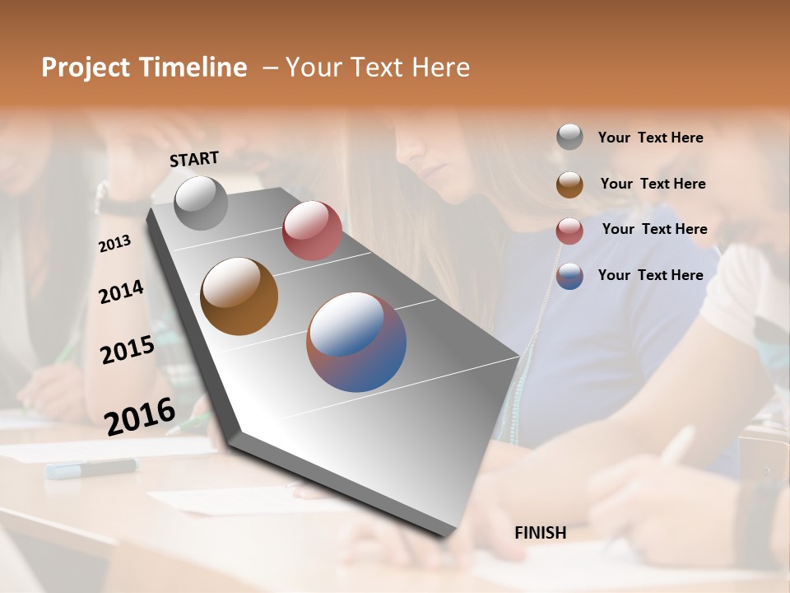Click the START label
click(194, 159)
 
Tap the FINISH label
click(541, 533)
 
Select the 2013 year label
click(115, 244)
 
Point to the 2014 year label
click(121, 292)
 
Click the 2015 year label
click(128, 350)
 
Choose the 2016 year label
click(140, 416)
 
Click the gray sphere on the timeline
click(201, 203)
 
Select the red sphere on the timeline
click(312, 231)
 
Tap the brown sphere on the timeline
click(239, 296)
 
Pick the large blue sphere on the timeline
click(356, 342)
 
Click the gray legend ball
click(569, 137)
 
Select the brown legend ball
click(569, 184)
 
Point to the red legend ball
click(569, 231)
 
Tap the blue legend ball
click(569, 276)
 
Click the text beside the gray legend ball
click(650, 138)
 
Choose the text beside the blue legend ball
click(650, 275)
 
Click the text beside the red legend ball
click(654, 229)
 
